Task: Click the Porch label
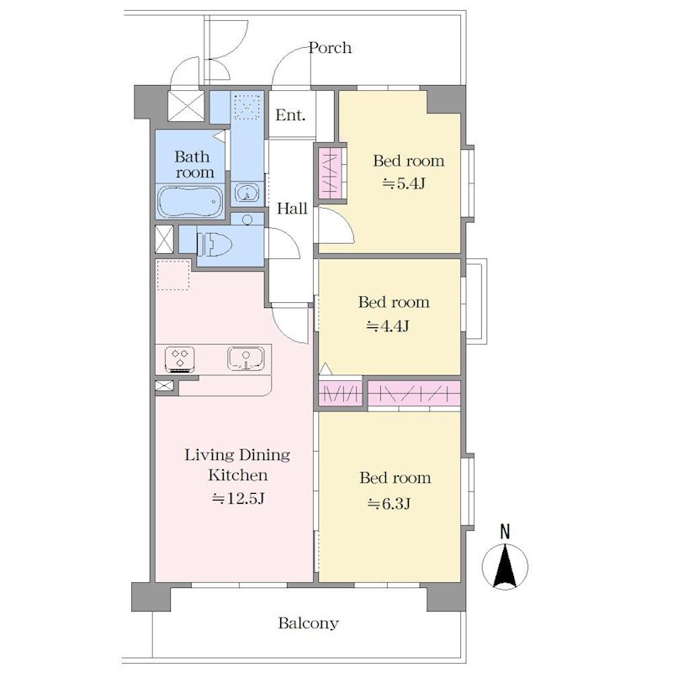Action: (330, 48)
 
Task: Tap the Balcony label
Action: (308, 623)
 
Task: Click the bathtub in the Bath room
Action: (190, 202)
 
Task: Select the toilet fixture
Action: (215, 245)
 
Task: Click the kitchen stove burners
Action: (180, 359)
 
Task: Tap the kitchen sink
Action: (246, 358)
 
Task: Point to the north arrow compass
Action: (505, 566)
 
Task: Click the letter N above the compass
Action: (506, 532)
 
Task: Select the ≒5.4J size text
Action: (404, 183)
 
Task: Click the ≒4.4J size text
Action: (388, 326)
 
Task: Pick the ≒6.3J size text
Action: (389, 503)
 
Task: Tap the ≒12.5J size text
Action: (238, 498)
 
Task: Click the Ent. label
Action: (290, 115)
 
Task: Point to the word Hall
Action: (292, 209)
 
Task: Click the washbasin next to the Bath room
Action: (246, 193)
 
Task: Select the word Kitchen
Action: (238, 475)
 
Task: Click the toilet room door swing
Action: (283, 243)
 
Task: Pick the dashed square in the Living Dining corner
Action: (173, 275)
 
